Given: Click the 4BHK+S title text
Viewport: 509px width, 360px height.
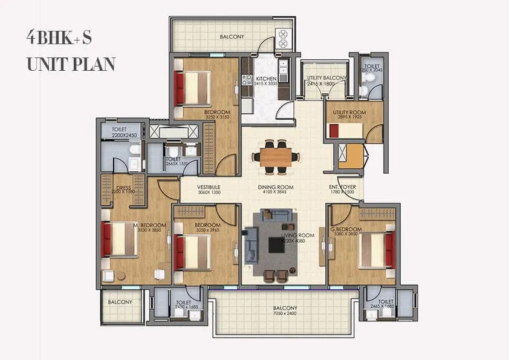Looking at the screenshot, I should (59, 38).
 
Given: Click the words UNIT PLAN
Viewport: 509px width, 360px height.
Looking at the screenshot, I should (71, 64).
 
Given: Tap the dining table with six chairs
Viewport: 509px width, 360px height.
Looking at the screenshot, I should (276, 154).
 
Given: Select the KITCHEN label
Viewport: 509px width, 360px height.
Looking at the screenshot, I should (266, 79).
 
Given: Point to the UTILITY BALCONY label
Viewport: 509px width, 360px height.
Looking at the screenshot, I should (326, 78).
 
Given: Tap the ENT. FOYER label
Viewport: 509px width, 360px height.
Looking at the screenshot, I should (342, 188).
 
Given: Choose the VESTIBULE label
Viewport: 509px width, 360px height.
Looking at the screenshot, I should (209, 188).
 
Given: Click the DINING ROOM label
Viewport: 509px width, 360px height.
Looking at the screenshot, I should (275, 188).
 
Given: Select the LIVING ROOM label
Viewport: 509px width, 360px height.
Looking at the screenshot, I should (298, 235).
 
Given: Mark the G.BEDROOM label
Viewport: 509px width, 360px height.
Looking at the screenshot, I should (346, 229).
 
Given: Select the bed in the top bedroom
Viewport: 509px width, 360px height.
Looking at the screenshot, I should (193, 89).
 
